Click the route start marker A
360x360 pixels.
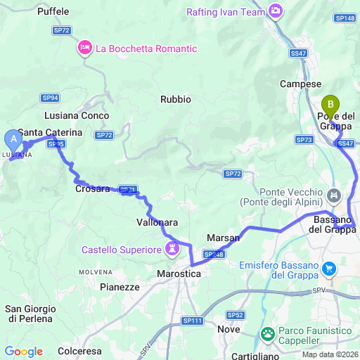click(x=13, y=139)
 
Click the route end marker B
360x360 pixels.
click(x=330, y=105)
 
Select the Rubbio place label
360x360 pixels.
click(x=175, y=99)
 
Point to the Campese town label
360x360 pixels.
click(x=300, y=83)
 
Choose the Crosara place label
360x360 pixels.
click(x=92, y=188)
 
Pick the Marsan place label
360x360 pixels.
click(x=224, y=238)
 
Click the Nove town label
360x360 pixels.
click(x=229, y=329)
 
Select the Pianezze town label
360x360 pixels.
click(x=120, y=287)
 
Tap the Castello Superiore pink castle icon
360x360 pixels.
click(x=172, y=249)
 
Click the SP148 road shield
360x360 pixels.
click(x=345, y=18)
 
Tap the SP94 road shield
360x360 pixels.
click(x=50, y=98)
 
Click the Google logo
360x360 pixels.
click(x=23, y=351)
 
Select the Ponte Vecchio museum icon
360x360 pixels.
click(x=334, y=193)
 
